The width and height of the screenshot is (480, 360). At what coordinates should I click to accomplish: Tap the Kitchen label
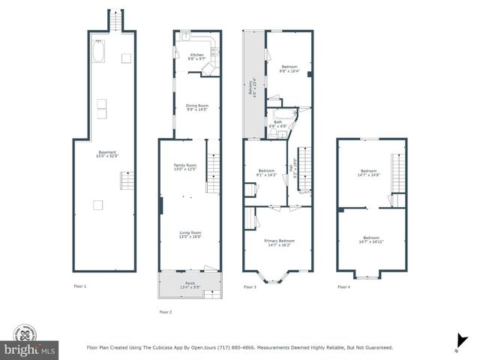click(196, 56)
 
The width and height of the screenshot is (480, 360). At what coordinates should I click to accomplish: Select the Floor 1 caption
click(79, 286)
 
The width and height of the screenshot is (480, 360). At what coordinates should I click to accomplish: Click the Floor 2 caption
click(166, 312)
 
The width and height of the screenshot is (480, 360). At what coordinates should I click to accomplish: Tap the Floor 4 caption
click(343, 286)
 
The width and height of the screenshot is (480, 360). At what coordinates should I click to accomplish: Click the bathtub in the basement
click(99, 51)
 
